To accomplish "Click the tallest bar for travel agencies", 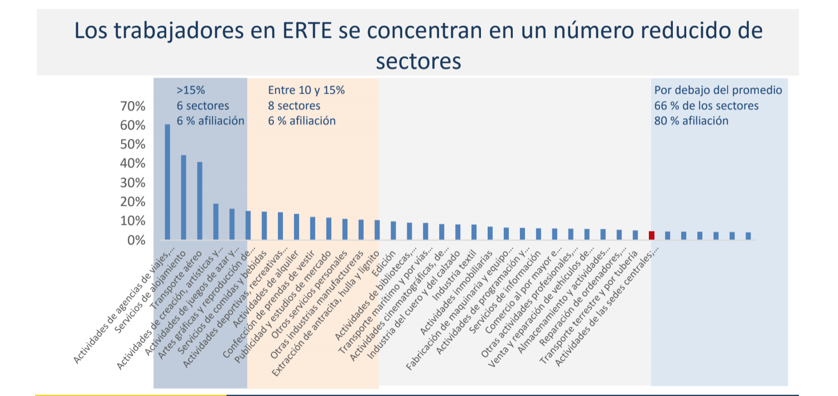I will click(167, 182).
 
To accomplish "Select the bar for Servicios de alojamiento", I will click(184, 197).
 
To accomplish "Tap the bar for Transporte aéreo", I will click(200, 201).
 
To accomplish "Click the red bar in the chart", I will click(651, 235).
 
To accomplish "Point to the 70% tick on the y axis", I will click(133, 106).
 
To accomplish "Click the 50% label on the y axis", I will click(133, 144).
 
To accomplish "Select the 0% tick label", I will click(136, 240).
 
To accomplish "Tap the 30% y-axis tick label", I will click(133, 183).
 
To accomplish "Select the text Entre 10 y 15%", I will click(306, 90).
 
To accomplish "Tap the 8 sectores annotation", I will click(294, 105).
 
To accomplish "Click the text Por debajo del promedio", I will click(718, 90).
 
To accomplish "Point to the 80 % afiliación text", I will click(691, 120).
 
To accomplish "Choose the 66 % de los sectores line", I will click(706, 105).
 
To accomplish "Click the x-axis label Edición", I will click(386, 260).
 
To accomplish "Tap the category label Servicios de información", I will click(505, 289).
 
